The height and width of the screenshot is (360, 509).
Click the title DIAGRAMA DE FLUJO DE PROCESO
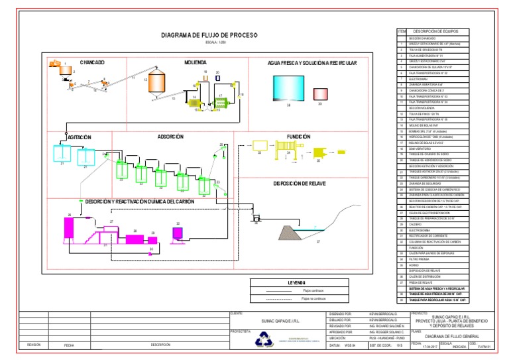(209, 35)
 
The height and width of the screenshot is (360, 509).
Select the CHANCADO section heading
(92, 62)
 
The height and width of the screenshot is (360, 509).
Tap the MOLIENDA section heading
(196, 62)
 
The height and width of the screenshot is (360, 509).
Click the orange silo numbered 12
(156, 82)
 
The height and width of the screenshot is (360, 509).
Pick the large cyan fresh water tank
(288, 88)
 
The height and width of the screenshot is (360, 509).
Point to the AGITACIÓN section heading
(79, 137)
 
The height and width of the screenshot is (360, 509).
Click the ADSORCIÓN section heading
(170, 137)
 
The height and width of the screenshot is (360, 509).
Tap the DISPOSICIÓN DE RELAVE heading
(298, 183)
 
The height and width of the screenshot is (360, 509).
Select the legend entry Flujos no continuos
(314, 299)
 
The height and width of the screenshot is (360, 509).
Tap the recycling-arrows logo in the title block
(262, 338)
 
